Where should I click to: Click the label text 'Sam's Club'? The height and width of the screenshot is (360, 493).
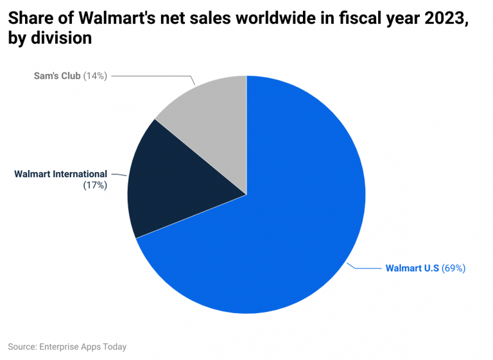click(57, 76)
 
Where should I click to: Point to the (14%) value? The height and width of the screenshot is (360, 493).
click(95, 76)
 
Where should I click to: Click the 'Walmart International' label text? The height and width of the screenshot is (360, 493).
click(60, 174)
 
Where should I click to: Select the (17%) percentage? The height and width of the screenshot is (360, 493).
click(95, 185)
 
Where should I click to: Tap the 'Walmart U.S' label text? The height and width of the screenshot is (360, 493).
click(412, 268)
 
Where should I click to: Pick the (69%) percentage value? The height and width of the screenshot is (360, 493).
click(453, 268)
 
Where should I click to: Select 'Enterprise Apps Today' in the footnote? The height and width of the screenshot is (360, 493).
click(83, 347)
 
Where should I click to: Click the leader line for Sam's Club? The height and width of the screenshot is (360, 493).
click(154, 76)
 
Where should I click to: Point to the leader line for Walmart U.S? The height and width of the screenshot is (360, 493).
click(366, 268)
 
